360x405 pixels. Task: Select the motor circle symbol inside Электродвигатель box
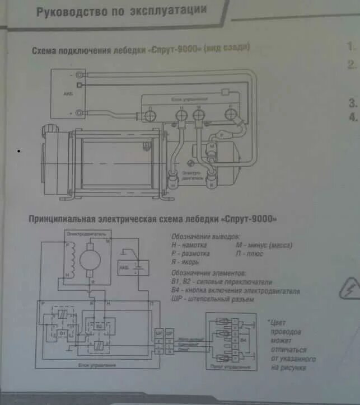coord(88,259)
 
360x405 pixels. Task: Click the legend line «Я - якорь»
coord(186,261)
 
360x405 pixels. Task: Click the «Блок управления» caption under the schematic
coord(102,365)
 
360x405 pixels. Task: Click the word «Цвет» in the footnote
coord(280,323)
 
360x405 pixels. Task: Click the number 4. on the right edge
coord(353,117)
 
